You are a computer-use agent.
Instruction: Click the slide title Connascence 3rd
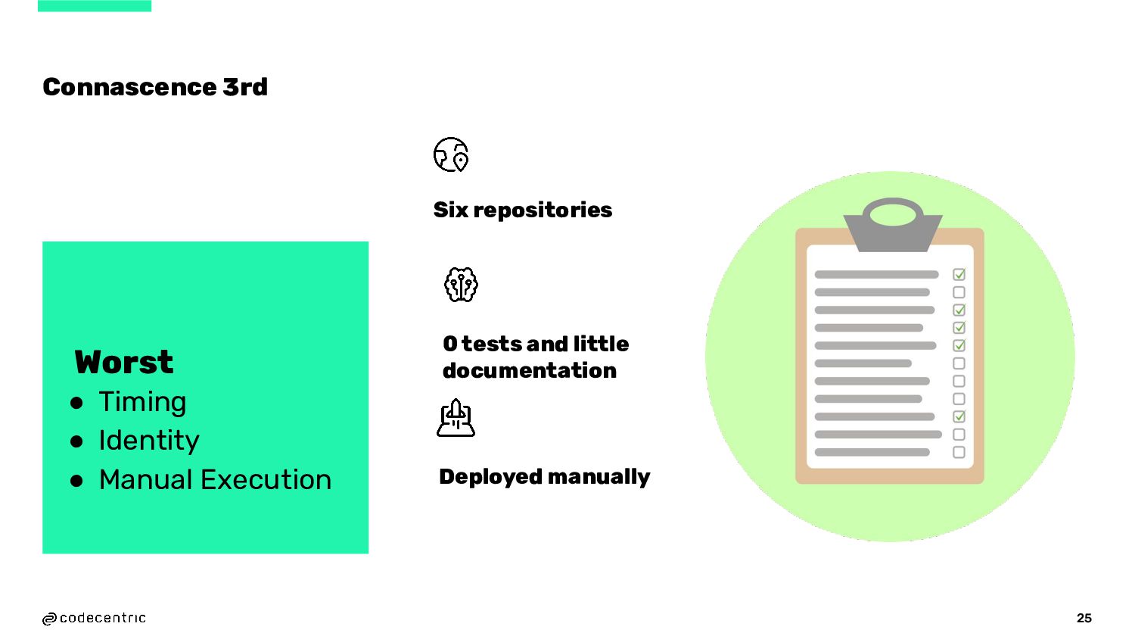(x=155, y=87)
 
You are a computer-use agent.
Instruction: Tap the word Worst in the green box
(x=124, y=362)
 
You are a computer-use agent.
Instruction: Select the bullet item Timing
(x=142, y=401)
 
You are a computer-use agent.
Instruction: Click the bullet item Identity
(x=149, y=441)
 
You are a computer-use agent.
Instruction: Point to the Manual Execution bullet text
(x=215, y=480)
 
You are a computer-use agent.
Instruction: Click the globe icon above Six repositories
(x=451, y=154)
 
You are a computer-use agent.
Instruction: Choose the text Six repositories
(x=522, y=210)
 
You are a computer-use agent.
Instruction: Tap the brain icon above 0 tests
(x=461, y=285)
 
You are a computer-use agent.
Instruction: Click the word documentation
(x=529, y=370)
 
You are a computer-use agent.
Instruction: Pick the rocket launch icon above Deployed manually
(x=456, y=418)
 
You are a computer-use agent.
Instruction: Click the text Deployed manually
(x=544, y=477)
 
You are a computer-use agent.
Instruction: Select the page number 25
(x=1084, y=618)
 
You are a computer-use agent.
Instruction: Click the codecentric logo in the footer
(x=94, y=619)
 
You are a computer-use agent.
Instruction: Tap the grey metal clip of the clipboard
(x=893, y=224)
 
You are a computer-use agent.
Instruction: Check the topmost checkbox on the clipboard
(x=959, y=274)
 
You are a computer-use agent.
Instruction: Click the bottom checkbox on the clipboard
(x=959, y=452)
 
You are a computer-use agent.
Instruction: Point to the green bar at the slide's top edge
(x=95, y=5)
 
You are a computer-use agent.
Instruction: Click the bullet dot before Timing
(x=76, y=403)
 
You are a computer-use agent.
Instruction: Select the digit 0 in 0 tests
(x=450, y=344)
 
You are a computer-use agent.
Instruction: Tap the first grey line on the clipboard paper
(x=876, y=274)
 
